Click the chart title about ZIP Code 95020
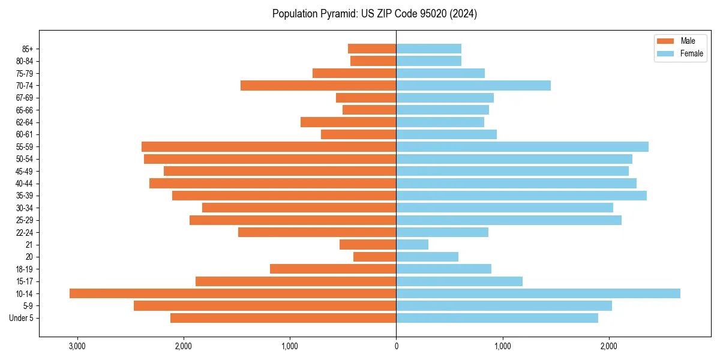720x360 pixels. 374,14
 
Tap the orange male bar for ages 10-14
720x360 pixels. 233,293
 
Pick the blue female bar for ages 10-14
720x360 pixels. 538,293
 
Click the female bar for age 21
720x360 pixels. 412,245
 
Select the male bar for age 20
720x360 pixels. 375,257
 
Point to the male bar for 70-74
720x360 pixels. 318,86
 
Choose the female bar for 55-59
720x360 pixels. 522,147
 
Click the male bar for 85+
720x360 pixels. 372,49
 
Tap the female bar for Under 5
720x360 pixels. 497,318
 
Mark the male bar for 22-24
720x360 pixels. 317,232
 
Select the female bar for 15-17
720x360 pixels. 459,281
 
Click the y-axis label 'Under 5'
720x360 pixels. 21,318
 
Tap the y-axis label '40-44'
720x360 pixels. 24,184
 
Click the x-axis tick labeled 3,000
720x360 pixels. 77,346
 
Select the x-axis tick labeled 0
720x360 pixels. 396,346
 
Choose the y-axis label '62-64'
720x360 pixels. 24,122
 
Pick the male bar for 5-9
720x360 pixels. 265,306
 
